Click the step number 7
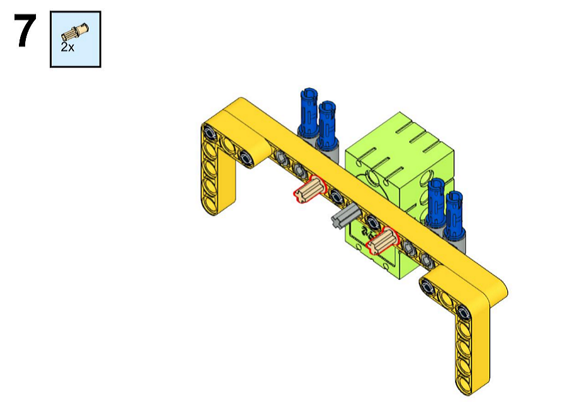tap(25, 30)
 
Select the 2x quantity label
tap(67, 47)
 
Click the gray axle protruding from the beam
tap(346, 217)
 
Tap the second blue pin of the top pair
tap(327, 124)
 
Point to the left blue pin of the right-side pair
tap(436, 202)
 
